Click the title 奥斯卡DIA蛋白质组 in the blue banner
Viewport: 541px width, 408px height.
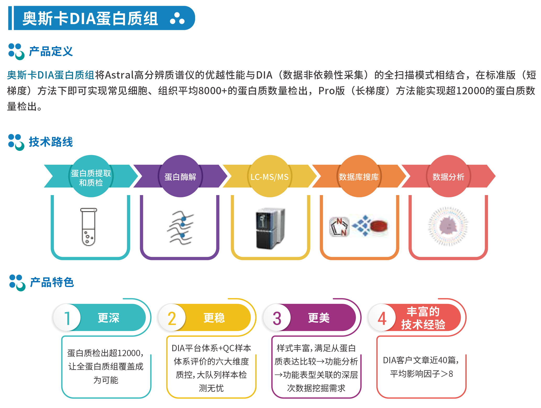(90, 18)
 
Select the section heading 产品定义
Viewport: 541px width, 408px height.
(51, 51)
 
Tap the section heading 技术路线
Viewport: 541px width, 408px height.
(51, 142)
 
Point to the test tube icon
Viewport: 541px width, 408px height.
(89, 227)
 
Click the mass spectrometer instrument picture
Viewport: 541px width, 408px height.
(270, 228)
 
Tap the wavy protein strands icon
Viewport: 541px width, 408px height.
(181, 228)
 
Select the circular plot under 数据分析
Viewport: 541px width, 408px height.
(448, 226)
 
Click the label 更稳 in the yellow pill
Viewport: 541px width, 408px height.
(214, 318)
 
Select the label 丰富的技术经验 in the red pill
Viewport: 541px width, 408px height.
(423, 318)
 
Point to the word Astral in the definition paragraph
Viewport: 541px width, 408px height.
(119, 75)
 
